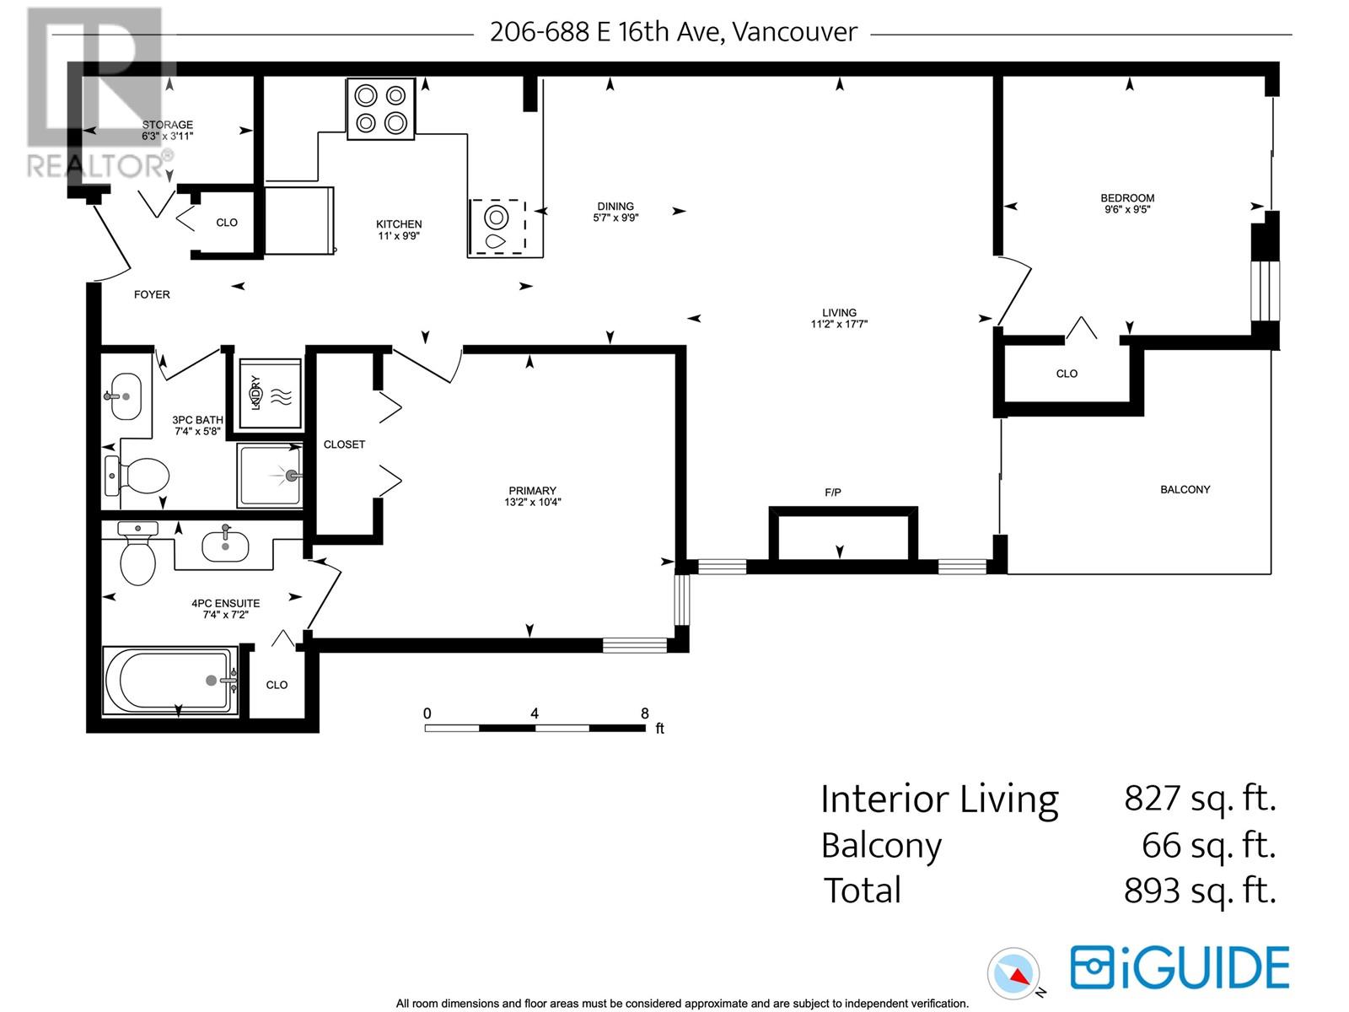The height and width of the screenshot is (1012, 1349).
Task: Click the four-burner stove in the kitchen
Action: [381, 109]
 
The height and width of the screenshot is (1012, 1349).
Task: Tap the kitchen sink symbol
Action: [497, 228]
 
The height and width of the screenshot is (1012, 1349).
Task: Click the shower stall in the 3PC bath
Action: [270, 476]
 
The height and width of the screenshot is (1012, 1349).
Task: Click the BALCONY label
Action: [1185, 489]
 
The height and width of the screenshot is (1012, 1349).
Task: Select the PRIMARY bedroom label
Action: [532, 491]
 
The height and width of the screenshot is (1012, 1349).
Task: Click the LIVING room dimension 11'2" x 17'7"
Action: [839, 324]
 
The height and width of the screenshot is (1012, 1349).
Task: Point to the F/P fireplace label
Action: [833, 493]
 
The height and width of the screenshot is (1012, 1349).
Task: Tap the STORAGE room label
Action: [167, 125]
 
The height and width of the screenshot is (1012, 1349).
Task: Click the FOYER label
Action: [152, 294]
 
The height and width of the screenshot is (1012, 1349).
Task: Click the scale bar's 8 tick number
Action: [645, 713]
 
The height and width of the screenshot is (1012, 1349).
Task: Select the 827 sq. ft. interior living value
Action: [1199, 798]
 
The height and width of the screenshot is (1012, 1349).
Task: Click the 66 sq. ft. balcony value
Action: [1207, 845]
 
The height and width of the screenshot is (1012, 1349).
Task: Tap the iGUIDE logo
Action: [1180, 967]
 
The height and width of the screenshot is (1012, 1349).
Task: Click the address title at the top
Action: [673, 32]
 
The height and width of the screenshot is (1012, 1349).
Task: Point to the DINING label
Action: [615, 206]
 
